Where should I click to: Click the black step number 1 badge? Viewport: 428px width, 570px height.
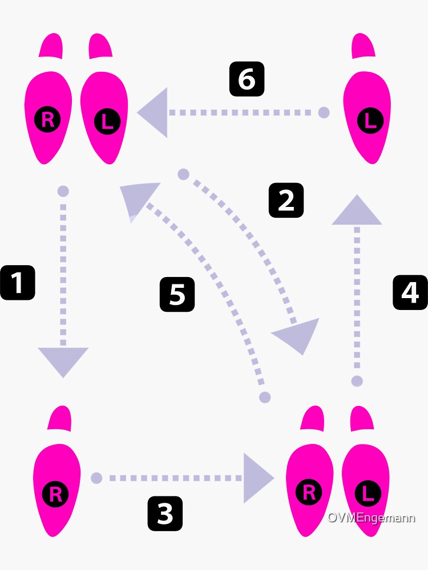(x=18, y=283)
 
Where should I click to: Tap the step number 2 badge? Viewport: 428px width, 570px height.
(x=286, y=200)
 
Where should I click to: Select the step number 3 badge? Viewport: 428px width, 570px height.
(x=165, y=514)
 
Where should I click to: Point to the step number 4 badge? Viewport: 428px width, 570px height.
(x=410, y=292)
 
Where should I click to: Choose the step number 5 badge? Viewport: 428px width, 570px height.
(x=177, y=295)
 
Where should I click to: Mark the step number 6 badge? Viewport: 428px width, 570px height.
(x=247, y=79)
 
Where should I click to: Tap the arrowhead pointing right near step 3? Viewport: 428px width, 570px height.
(x=257, y=478)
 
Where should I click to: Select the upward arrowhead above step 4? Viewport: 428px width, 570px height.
(x=357, y=211)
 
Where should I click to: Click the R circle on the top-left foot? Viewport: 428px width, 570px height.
(x=47, y=120)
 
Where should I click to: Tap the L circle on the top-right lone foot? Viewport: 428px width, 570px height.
(x=370, y=120)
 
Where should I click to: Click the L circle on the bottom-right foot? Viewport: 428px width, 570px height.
(x=367, y=493)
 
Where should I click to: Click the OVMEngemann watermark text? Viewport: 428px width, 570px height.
(x=371, y=518)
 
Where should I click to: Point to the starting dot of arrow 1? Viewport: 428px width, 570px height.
(x=63, y=191)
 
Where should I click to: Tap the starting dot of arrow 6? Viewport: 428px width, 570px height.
(x=324, y=112)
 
